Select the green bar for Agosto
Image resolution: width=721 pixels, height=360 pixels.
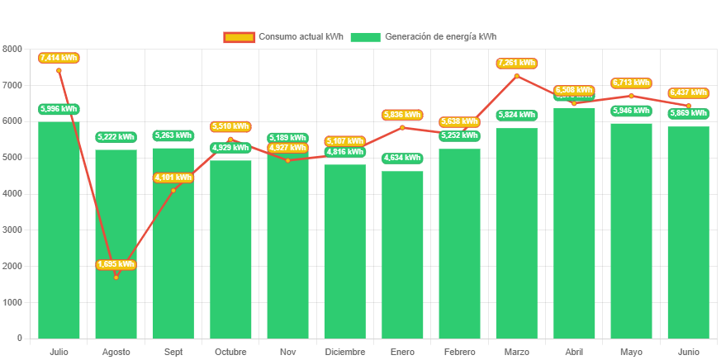116,248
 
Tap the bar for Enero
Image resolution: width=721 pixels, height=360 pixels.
402,256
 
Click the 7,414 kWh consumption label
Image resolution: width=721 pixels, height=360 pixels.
59,58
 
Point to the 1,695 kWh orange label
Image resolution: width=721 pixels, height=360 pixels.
116,264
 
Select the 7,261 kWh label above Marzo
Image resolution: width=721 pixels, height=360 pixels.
517,63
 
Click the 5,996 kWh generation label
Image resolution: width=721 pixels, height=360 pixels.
59,109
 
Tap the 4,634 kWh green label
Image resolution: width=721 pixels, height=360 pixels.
402,158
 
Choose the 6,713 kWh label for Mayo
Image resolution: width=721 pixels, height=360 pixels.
631,83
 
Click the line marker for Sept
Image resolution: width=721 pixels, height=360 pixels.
173,190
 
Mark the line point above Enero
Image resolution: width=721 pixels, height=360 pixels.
402,127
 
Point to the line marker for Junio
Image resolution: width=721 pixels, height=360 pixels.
688,106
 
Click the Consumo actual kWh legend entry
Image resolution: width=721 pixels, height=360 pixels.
283,36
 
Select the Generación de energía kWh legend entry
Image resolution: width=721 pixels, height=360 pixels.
423,36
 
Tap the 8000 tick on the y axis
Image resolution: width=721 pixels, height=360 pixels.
12,49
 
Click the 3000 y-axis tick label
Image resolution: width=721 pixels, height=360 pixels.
12,230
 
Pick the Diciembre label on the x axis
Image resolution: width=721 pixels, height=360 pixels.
345,352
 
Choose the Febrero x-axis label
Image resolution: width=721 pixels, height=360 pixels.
459,352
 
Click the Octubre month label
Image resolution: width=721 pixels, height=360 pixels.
230,352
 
